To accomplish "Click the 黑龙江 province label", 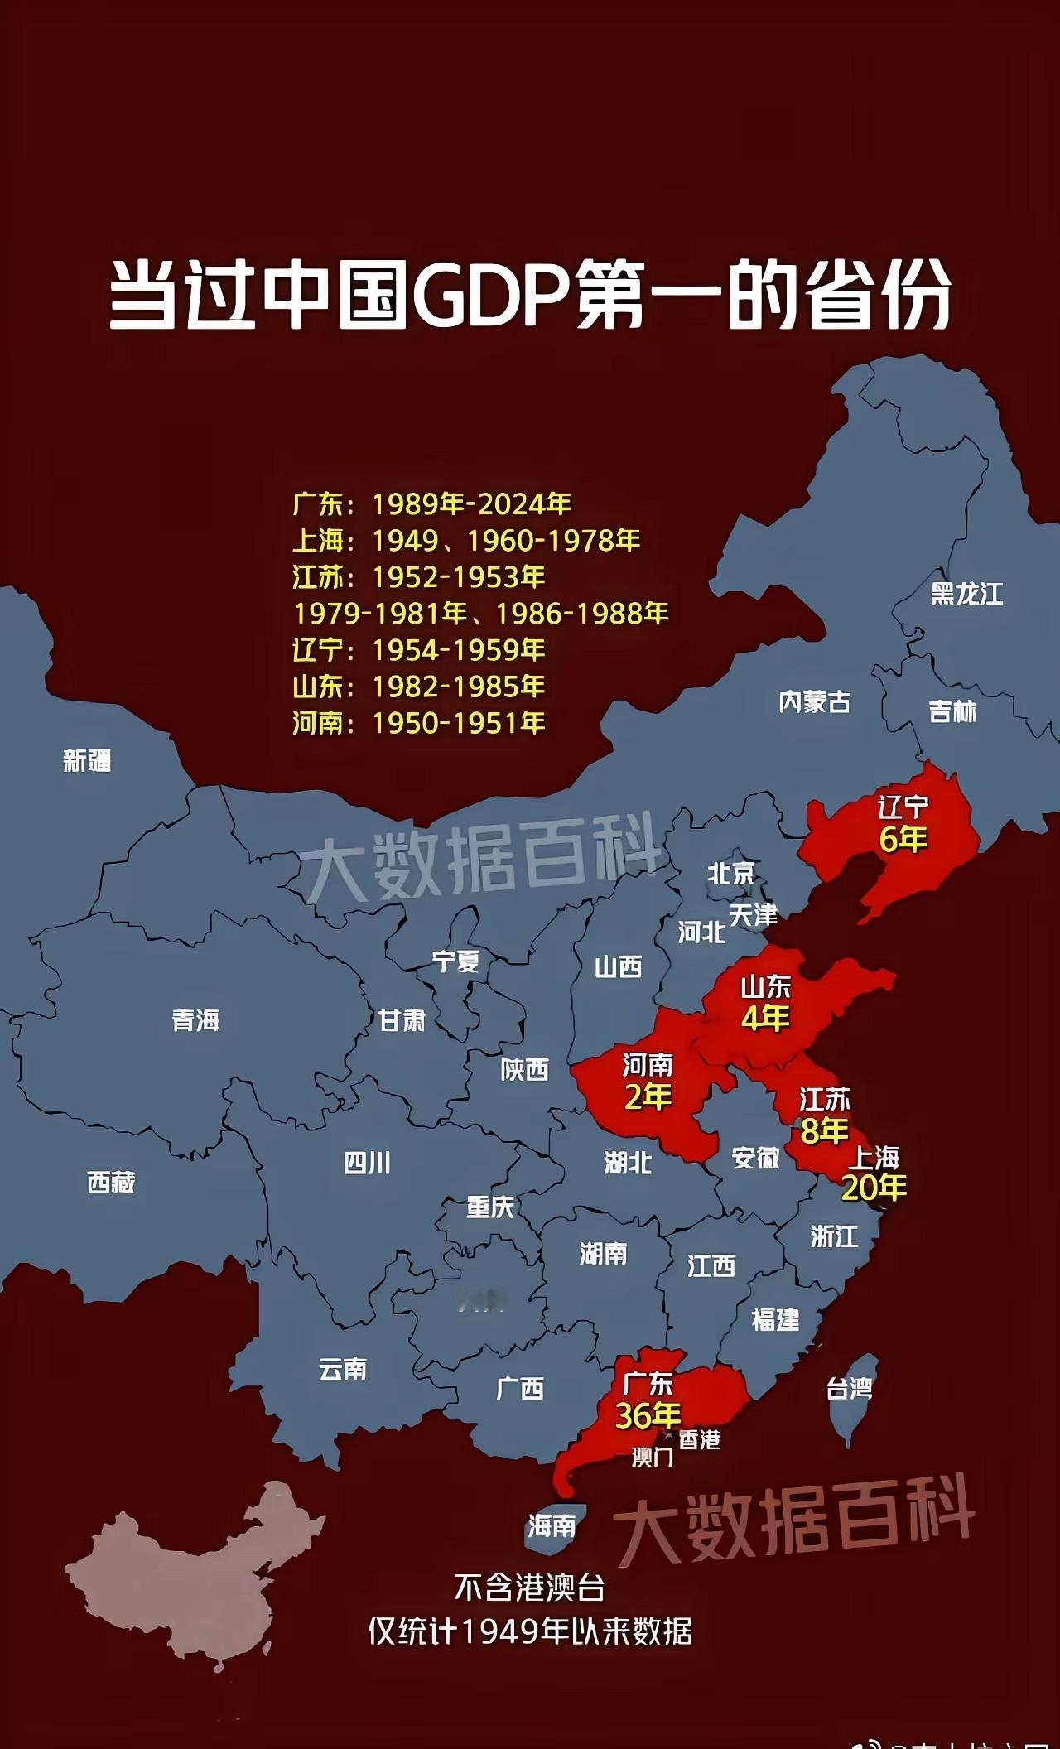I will [966, 594].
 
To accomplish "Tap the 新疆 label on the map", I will [87, 760].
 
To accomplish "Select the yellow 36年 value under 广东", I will [648, 1415].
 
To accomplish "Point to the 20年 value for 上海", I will [874, 1188].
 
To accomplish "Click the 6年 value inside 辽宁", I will [903, 839].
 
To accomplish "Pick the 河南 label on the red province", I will [648, 1064].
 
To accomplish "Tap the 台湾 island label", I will [849, 1388].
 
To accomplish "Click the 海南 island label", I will [552, 1525].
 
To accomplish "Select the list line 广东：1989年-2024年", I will [431, 503].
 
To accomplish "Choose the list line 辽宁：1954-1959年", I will [418, 650].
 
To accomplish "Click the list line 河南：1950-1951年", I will [418, 723].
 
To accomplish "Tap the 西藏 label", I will [111, 1182].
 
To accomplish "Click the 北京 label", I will [731, 872].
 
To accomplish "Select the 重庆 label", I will [490, 1207].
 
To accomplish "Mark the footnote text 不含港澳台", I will [530, 1588].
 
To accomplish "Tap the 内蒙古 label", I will [814, 702].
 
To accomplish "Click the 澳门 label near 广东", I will [653, 1456].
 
